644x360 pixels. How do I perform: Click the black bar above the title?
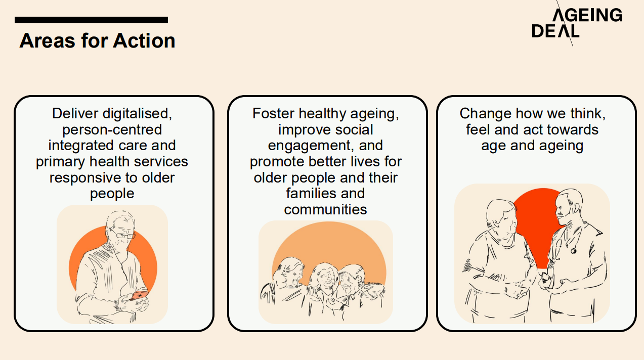coord(91,20)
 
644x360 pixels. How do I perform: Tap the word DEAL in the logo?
coord(555,31)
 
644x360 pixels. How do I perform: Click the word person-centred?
coord(112,129)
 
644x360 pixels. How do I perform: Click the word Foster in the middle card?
coord(273,113)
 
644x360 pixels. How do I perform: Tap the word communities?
coord(325,209)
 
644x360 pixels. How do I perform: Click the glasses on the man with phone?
coord(122,235)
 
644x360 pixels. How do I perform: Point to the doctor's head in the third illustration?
coord(568,205)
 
